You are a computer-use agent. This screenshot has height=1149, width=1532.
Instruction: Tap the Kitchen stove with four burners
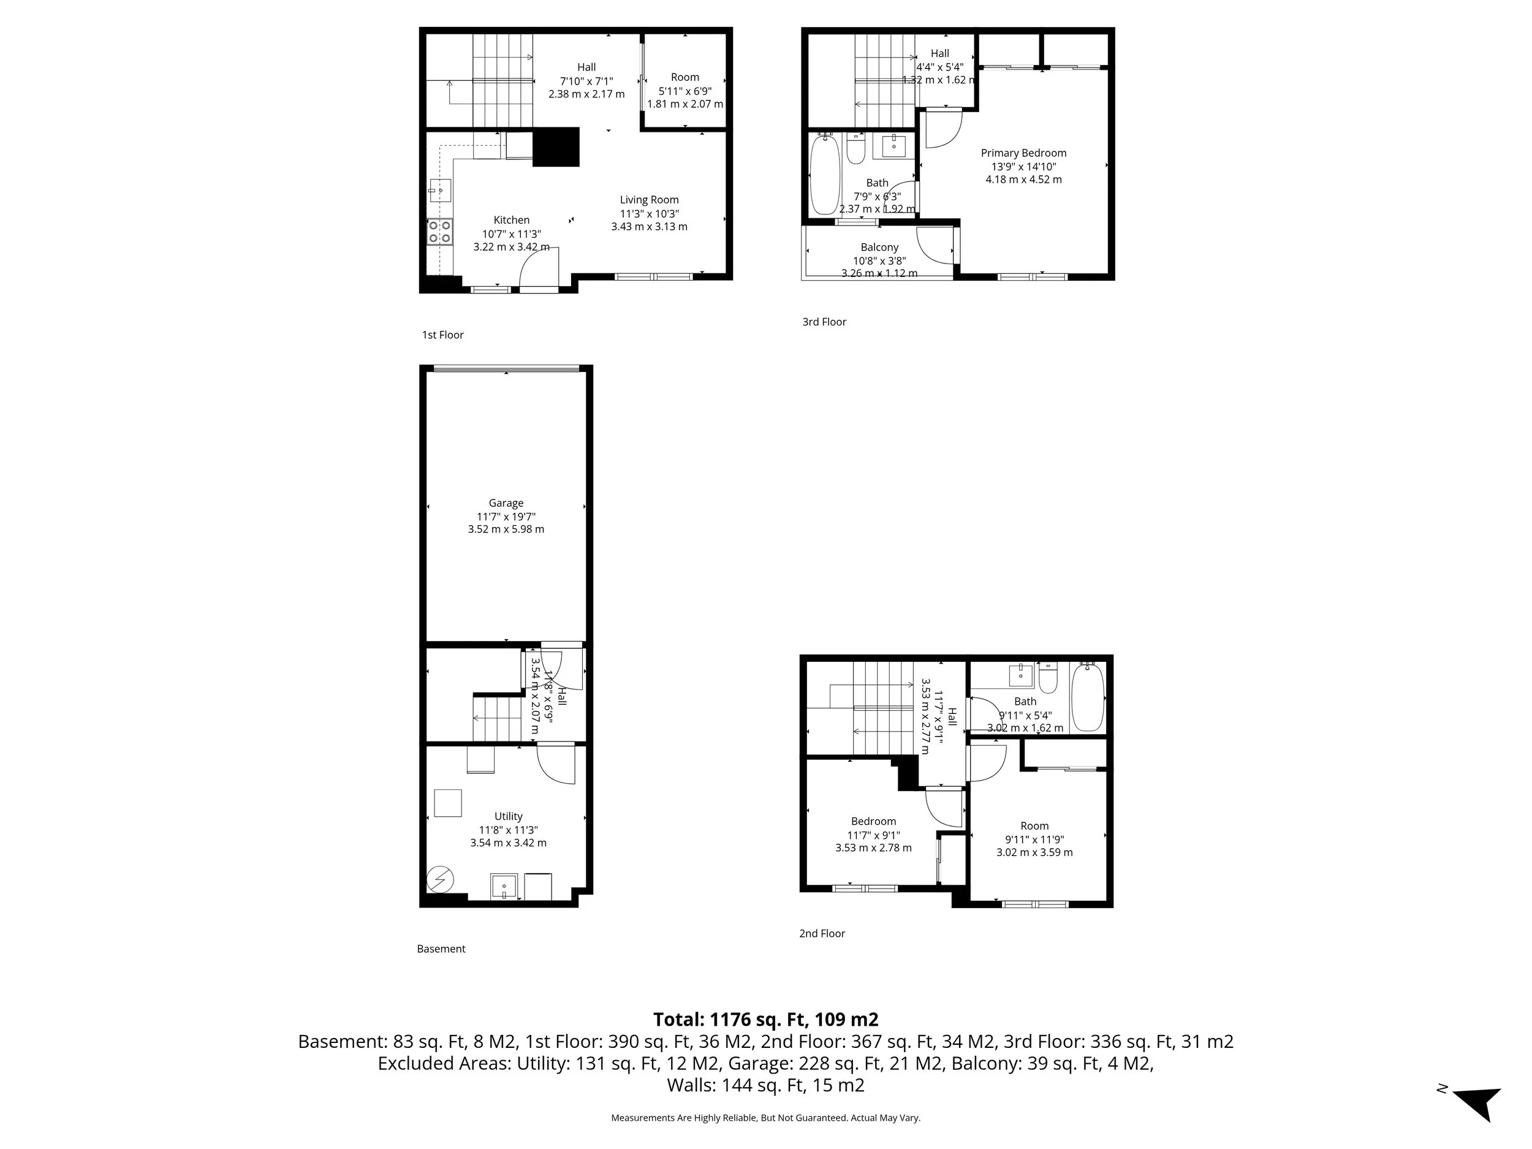pyautogui.click(x=440, y=231)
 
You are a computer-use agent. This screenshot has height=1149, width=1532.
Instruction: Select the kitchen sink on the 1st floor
pyautogui.click(x=440, y=190)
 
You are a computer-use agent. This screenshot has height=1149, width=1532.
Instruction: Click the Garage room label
pyautogui.click(x=506, y=504)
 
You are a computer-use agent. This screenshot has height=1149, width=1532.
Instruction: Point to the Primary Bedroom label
pyautogui.click(x=1023, y=153)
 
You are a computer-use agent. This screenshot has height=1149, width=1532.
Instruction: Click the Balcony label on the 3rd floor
pyautogui.click(x=879, y=247)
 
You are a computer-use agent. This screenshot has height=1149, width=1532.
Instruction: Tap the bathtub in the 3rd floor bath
pyautogui.click(x=825, y=175)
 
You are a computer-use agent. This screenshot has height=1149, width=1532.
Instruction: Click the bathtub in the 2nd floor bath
pyautogui.click(x=1087, y=696)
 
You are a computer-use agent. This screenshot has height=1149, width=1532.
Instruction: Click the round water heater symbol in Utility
pyautogui.click(x=440, y=880)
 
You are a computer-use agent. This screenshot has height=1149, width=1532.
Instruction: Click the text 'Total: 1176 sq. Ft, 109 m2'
pyautogui.click(x=765, y=1020)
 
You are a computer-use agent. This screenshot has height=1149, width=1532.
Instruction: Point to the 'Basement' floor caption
pyautogui.click(x=441, y=949)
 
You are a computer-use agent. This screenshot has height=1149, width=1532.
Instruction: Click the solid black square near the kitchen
pyautogui.click(x=555, y=147)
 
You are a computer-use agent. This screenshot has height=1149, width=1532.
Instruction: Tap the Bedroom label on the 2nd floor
pyautogui.click(x=873, y=821)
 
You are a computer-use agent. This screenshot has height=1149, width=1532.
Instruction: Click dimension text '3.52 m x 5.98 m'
pyautogui.click(x=506, y=529)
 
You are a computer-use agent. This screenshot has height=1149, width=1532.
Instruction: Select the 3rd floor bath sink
pyautogui.click(x=893, y=146)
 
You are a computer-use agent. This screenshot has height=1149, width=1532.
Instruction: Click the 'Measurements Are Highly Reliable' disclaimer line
pyautogui.click(x=765, y=1118)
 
